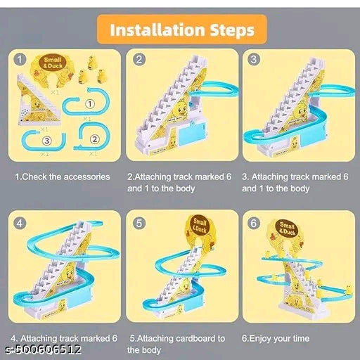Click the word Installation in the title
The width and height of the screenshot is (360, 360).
click(152, 30)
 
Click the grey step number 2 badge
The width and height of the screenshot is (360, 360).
click(139, 60)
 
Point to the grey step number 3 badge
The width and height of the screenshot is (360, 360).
click(255, 60)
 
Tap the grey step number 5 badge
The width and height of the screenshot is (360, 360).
click(139, 225)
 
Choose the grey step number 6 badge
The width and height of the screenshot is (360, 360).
click(255, 225)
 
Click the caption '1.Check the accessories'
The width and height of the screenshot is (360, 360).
click(62, 176)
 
